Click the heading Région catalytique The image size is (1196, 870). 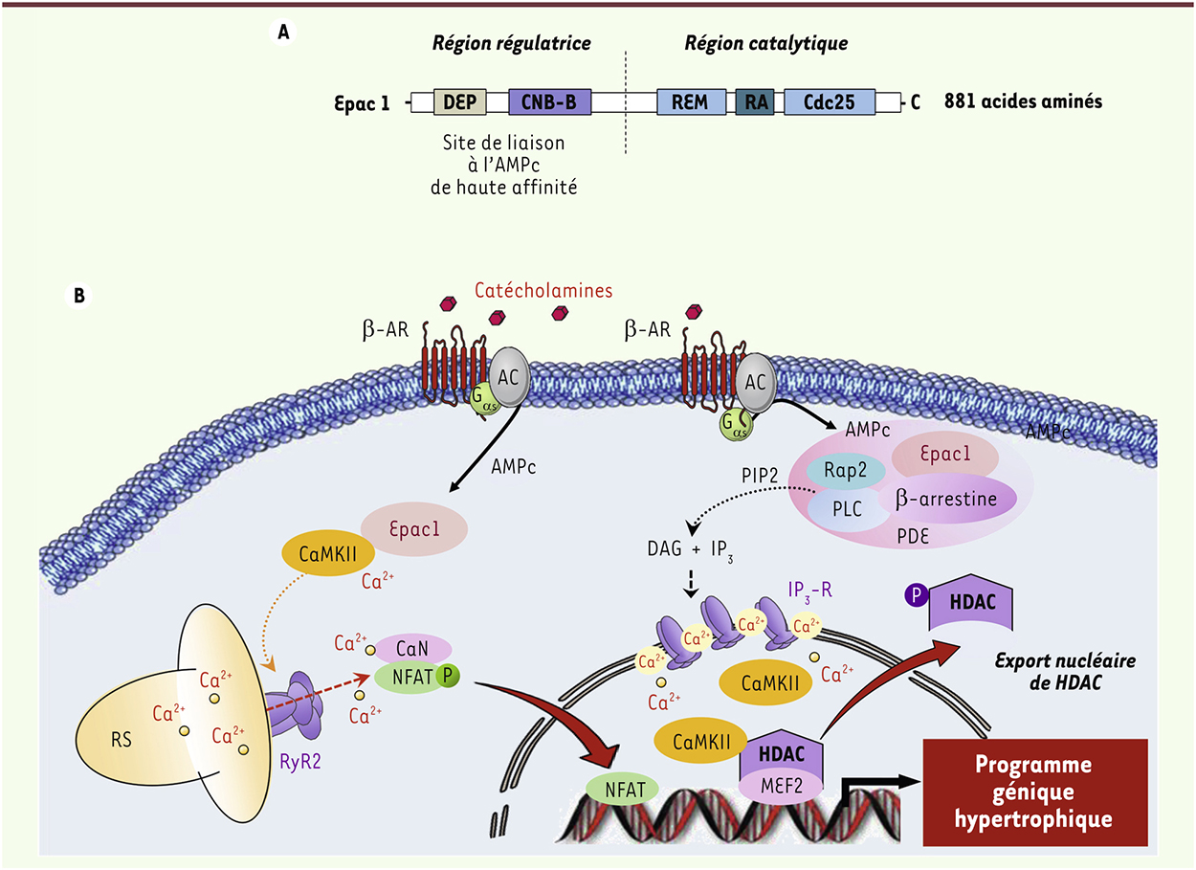pos(766,43)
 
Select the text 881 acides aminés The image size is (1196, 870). pos(1023,100)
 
